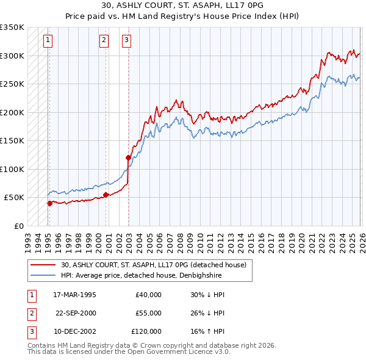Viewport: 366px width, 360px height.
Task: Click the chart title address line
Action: tap(183, 5)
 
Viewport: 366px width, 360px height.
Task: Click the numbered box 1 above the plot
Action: tap(48, 41)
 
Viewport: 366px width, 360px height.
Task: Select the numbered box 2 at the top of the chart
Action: tap(104, 41)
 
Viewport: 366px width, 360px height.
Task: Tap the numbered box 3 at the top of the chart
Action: tap(126, 41)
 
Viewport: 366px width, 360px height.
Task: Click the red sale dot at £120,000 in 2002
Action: tap(128, 157)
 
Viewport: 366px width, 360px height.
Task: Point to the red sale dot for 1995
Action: tap(49, 203)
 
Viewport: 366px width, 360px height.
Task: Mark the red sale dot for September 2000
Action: tap(106, 195)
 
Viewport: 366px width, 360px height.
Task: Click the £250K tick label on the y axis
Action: tap(12, 84)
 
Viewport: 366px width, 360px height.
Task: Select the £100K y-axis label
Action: tap(12, 169)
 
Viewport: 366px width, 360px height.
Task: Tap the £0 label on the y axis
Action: tap(18, 226)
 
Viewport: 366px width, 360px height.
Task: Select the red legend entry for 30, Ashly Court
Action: tap(153, 265)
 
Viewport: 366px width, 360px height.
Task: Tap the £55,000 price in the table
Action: tap(148, 313)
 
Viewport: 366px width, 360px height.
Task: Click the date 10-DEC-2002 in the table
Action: tap(74, 331)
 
